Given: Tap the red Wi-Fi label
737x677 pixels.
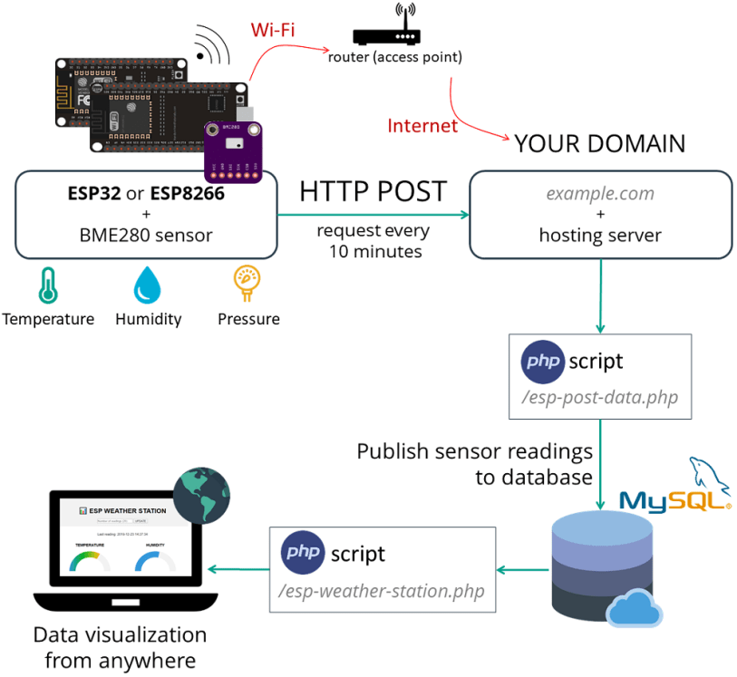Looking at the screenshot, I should pos(272,30).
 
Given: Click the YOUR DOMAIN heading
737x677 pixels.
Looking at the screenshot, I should pos(599,144).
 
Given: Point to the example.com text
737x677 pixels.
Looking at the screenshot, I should pos(599,194).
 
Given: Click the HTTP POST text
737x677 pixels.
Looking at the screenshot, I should pos(373,191).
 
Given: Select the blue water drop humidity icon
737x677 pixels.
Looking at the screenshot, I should pos(147,285).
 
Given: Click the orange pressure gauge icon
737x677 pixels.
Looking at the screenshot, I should pos(247,283).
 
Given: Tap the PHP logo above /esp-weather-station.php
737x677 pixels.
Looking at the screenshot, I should pos(304,553).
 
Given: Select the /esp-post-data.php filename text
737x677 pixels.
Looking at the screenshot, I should pos(599,397).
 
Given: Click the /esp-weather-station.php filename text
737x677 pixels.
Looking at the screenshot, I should pos(382,591).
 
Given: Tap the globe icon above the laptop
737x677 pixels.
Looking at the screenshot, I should pos(199,495).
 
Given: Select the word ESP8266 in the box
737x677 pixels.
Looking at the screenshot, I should pos(187,193).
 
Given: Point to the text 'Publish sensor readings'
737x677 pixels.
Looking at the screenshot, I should pos(474,450).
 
